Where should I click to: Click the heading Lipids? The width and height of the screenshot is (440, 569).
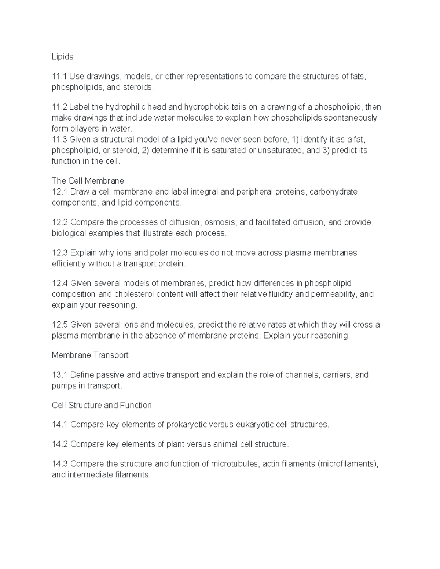tap(62, 57)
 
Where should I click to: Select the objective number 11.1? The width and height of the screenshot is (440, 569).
tap(59, 77)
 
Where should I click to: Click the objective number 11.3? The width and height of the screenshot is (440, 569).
tap(59, 140)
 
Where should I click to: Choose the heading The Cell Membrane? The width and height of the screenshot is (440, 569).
tap(88, 181)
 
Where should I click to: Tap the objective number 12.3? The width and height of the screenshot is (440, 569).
tap(60, 253)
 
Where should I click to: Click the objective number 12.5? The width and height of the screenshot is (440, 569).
tap(60, 325)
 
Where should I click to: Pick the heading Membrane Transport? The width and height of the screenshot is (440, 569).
tap(90, 355)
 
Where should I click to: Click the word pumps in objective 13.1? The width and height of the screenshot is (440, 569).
tap(63, 386)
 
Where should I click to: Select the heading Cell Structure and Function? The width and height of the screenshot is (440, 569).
tap(102, 405)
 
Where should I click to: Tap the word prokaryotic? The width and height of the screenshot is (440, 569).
tap(189, 425)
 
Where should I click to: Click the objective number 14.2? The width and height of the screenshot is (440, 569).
tap(60, 444)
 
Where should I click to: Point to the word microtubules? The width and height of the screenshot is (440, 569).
tap(235, 464)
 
